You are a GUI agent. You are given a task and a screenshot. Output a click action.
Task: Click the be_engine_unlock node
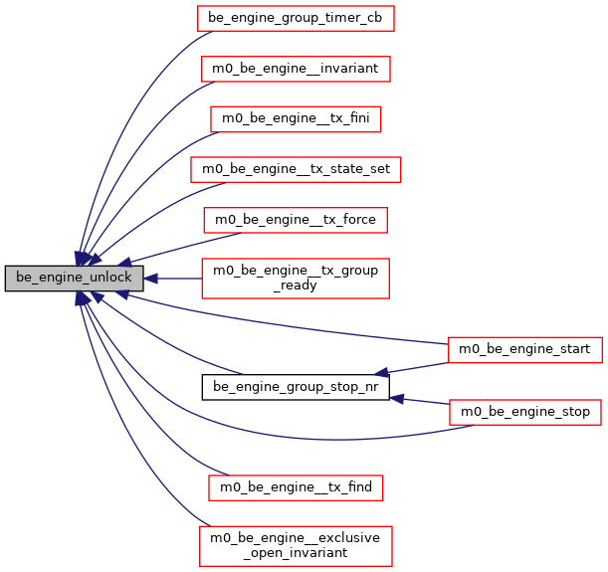[74, 279]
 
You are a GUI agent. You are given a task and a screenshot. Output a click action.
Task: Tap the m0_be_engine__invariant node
[296, 69]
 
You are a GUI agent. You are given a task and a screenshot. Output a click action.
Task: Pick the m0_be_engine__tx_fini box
[296, 118]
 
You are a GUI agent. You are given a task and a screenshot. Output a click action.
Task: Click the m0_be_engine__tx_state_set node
[296, 169]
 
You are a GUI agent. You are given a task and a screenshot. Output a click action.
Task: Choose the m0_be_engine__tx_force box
[296, 219]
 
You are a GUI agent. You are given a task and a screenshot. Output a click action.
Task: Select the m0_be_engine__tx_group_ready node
[296, 279]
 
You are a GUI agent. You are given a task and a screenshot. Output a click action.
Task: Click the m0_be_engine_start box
[524, 349]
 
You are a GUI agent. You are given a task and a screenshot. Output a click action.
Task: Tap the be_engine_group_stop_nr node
[296, 387]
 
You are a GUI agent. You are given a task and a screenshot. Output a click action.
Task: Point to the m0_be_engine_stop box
[526, 411]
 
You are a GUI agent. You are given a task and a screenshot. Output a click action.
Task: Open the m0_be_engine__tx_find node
[296, 487]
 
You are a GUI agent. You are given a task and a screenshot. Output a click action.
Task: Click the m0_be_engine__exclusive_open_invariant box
[296, 545]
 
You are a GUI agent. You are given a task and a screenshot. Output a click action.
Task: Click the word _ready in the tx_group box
[296, 286]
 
